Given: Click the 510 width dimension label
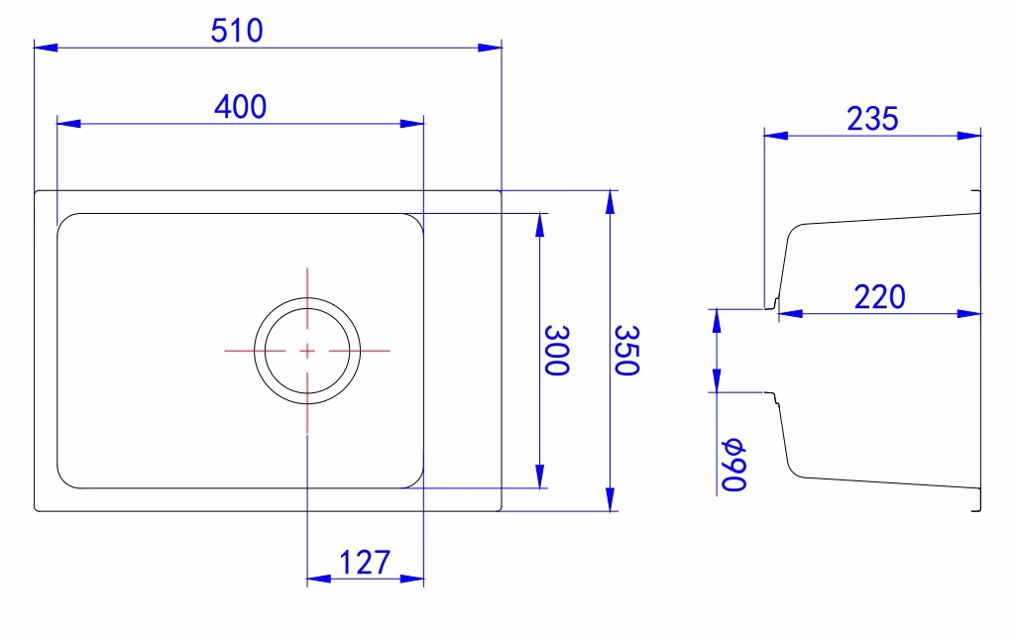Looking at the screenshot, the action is click(237, 31).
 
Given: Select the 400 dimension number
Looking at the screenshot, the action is click(240, 107).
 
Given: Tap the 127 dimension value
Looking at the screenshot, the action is click(365, 563).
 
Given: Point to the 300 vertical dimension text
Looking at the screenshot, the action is click(557, 350).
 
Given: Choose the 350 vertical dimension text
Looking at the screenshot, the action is click(626, 350).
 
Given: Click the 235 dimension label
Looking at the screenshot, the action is click(872, 119).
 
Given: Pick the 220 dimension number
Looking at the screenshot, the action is click(880, 297).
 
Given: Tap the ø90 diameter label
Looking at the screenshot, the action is click(734, 466).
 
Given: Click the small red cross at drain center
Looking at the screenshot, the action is click(307, 351).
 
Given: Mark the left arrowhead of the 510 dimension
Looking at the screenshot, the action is click(46, 48).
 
